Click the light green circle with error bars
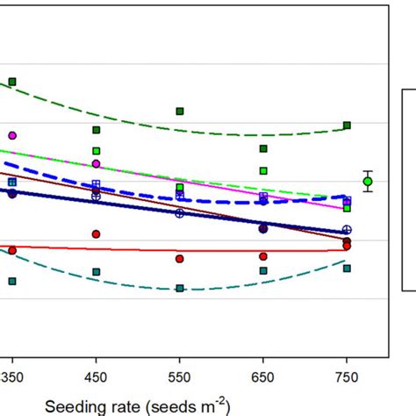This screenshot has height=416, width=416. point(368,182)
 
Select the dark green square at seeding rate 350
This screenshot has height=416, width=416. point(12,82)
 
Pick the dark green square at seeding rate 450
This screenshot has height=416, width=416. point(97,130)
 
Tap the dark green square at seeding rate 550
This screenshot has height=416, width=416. point(180,111)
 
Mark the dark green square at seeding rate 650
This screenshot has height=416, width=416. point(263,148)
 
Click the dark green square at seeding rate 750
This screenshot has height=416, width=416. point(347,126)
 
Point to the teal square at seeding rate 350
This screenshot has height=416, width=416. point(12,281)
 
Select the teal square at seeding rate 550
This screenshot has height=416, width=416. point(180,288)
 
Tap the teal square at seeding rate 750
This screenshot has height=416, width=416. point(347,268)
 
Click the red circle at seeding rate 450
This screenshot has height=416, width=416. point(97,234)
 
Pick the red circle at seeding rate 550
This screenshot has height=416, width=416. point(180,259)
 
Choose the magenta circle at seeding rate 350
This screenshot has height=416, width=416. point(12,135)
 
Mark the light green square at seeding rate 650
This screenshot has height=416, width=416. point(263,170)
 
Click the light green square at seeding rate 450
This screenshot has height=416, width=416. point(97,150)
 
